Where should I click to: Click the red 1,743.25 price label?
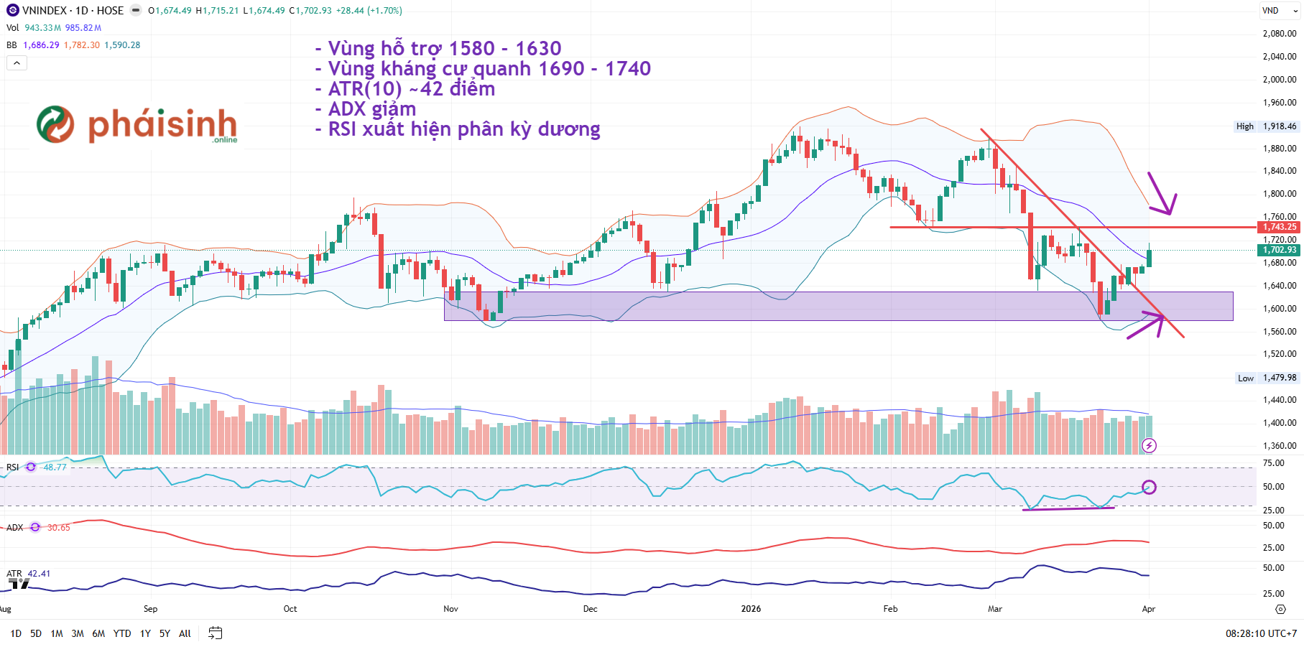coord(1280,227)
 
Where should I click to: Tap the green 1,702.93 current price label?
coord(1280,250)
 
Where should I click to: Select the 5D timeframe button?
coord(36,633)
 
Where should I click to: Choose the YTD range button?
coord(122,633)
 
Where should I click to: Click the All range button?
coord(185,633)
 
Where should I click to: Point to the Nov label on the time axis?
coord(450,609)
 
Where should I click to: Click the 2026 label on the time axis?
coord(751,609)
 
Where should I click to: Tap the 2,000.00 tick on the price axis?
coord(1279,80)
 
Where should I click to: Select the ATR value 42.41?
coord(39,574)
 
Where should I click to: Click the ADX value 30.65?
coord(59,528)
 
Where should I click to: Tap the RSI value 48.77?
coord(55,467)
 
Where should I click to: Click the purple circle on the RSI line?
coord(1149,487)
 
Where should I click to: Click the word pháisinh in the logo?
coord(162,125)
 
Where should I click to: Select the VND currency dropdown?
coord(1279,11)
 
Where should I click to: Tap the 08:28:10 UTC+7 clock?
coord(1261,633)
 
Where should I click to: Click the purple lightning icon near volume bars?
coord(1149,446)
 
